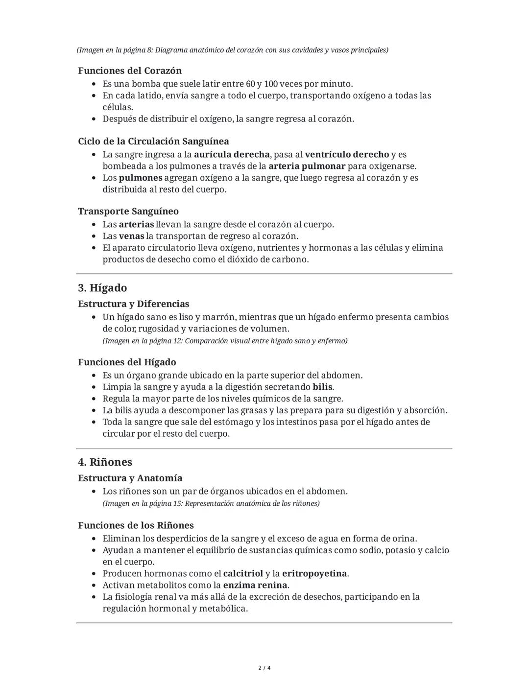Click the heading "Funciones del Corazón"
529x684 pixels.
(x=129, y=71)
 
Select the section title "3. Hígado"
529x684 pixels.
(x=102, y=288)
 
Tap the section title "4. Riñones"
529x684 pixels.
(x=105, y=462)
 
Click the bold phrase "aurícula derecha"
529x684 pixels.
(x=232, y=155)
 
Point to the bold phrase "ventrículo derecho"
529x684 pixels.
(x=347, y=155)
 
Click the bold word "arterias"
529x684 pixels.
(x=136, y=225)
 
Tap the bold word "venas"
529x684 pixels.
(x=131, y=236)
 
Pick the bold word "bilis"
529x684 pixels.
(x=322, y=387)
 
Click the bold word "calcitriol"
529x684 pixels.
(x=243, y=573)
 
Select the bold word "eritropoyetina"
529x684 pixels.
(x=314, y=573)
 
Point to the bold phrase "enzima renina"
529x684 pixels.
(x=255, y=585)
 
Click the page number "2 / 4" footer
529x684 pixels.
(x=264, y=668)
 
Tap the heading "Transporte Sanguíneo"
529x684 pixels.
(x=128, y=212)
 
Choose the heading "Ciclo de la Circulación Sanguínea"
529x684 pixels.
(x=153, y=142)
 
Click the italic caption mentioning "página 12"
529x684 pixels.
(x=225, y=341)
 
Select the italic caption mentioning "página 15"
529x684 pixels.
(x=211, y=503)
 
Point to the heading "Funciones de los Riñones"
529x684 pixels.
(x=136, y=525)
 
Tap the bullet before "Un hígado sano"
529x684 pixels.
(x=94, y=317)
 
